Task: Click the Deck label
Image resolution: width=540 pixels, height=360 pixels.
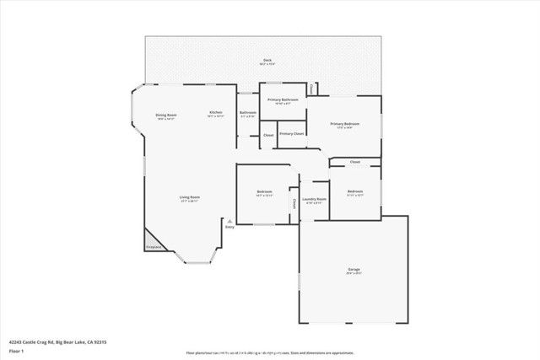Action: [x=267, y=60]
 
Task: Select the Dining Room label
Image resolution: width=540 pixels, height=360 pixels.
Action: [x=165, y=115]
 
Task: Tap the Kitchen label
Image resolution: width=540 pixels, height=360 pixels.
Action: [x=216, y=112]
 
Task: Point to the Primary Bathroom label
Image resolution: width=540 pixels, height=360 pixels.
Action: [x=283, y=99]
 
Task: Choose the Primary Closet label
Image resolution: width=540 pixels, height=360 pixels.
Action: [x=292, y=133]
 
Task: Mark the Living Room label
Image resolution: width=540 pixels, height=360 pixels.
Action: [x=189, y=197]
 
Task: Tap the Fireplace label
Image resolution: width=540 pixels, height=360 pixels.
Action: [x=153, y=247]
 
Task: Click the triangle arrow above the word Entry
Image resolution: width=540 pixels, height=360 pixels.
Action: [x=229, y=220]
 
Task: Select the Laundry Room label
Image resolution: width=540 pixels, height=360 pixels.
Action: [x=314, y=199]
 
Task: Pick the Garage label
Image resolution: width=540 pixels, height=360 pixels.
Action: [x=353, y=269]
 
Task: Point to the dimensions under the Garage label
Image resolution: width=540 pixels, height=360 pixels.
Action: [x=353, y=274]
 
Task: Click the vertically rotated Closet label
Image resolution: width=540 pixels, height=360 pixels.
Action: [x=294, y=202]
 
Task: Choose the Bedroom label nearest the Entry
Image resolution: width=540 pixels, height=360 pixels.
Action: [x=264, y=191]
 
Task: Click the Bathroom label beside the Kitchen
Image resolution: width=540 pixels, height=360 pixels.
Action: [x=247, y=112]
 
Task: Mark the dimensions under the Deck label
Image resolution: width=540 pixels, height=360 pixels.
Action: [x=267, y=65]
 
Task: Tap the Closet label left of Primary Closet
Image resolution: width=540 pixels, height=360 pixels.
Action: [x=268, y=135]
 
